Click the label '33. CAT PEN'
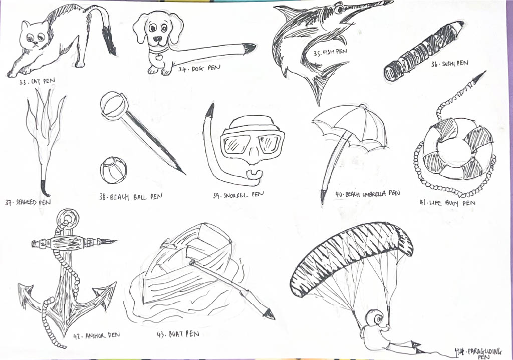37,82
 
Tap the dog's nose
158,39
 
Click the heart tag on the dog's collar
159,57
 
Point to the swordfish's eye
338,9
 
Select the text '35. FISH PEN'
330,52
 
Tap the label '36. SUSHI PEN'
449,64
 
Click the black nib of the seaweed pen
44,187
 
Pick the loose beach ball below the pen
113,170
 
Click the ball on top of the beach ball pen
113,104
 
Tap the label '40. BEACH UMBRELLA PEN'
368,194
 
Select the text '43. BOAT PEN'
178,334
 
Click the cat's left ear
25,25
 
